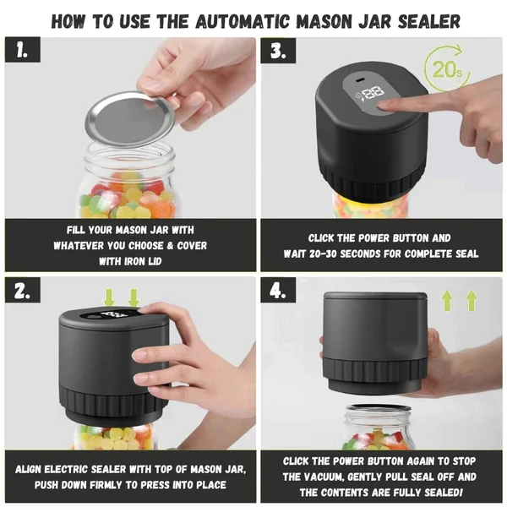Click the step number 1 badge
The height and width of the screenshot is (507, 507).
(23, 50)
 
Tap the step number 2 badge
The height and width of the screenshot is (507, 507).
(23, 290)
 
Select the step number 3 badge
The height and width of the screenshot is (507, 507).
(278, 51)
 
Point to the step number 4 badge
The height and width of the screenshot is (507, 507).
(278, 290)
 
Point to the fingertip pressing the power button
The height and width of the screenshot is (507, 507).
(384, 106)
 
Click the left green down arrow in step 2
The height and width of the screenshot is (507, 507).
(110, 297)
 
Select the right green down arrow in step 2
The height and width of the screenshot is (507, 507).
(134, 297)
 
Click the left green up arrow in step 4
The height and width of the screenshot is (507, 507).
(447, 300)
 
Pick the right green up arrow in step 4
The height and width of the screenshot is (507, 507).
(472, 300)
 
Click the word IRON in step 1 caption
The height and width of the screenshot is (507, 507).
(135, 261)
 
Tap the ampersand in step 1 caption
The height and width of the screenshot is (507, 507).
(170, 245)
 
